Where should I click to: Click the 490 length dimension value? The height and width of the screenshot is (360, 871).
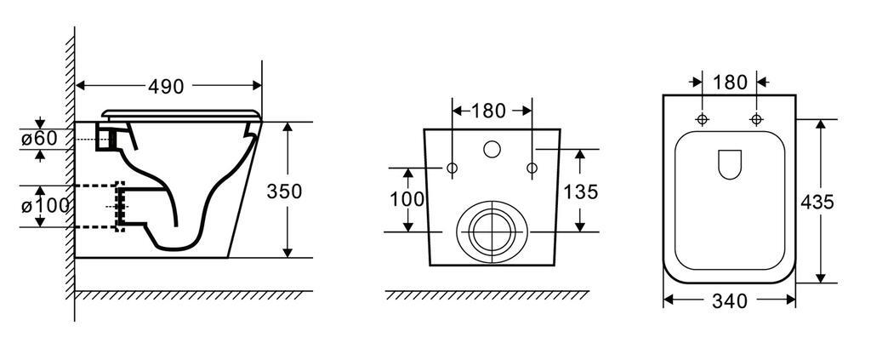tap(166, 86)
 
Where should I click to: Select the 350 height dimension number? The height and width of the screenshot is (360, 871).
tap(284, 191)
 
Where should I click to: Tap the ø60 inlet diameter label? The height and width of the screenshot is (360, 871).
tap(39, 139)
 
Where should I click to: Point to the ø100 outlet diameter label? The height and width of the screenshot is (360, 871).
tap(46, 206)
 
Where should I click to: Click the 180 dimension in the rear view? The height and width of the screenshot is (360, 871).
tap(488, 111)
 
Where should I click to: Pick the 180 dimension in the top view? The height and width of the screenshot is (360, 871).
tap(730, 83)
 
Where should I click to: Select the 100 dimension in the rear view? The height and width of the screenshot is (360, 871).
tap(407, 199)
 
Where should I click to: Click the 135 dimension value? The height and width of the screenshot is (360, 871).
tap(580, 191)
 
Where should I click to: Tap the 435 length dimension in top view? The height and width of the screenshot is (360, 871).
tap(817, 203)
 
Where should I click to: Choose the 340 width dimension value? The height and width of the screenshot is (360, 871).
tap(729, 301)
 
